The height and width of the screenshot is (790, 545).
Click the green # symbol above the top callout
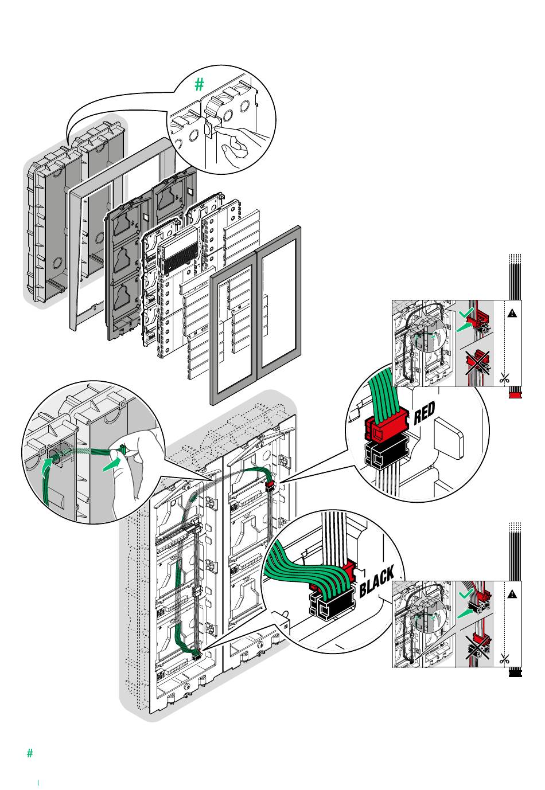199,85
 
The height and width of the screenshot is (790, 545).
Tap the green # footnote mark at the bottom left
30,753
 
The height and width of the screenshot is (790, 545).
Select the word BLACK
377,582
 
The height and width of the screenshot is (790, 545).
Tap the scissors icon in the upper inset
504,378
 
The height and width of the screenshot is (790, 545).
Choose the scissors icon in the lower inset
504,659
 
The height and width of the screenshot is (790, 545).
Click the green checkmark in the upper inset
468,312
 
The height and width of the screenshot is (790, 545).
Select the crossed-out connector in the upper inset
477,362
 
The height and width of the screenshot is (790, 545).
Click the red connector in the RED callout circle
386,428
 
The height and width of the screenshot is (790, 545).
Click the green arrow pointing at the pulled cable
112,464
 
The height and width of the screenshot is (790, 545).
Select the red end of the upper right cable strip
515,395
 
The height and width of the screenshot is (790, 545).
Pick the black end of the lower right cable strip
515,673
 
